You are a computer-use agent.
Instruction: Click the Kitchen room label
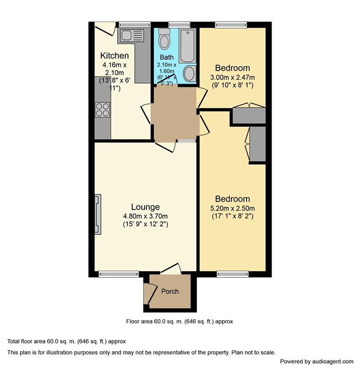[x=114, y=56]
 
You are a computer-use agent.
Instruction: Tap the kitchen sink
[x=132, y=35]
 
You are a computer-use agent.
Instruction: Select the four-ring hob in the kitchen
[x=103, y=110]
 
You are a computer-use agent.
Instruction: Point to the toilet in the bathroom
[x=164, y=39]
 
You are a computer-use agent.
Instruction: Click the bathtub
[x=187, y=46]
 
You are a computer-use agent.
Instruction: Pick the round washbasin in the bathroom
[x=190, y=73]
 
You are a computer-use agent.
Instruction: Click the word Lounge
[x=145, y=207]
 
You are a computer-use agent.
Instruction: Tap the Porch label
[x=170, y=291]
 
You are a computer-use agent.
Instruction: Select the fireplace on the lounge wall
[x=98, y=214]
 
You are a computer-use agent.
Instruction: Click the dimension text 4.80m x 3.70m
[x=145, y=216]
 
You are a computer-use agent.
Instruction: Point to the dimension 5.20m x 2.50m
[x=232, y=209]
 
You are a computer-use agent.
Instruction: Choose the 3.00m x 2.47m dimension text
[x=232, y=77]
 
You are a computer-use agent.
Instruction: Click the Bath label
[x=167, y=57]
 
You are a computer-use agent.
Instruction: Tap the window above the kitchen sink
[x=135, y=24]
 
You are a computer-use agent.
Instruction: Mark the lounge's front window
[x=119, y=274]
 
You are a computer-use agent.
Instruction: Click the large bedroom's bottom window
[x=232, y=274]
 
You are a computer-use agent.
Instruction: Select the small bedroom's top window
[x=231, y=24]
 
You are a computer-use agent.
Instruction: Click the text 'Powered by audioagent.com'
[x=317, y=362]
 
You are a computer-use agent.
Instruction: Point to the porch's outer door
[x=151, y=293]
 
